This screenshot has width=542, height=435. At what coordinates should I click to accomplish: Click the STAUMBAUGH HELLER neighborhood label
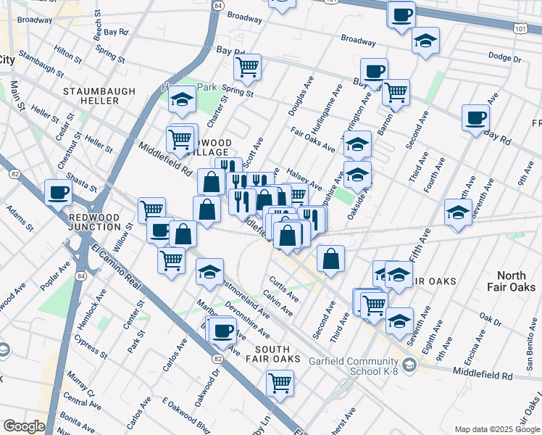point(91,96)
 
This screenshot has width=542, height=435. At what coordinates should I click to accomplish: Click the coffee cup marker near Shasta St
point(58,193)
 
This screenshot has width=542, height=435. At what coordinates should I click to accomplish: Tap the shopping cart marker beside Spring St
point(247,67)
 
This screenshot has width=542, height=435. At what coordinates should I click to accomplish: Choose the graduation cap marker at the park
point(181,101)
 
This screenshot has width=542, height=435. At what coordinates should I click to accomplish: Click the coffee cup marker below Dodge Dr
point(475,117)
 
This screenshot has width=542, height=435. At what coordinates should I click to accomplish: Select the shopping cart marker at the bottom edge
point(280,382)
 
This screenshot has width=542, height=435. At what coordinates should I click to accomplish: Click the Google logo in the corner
point(24,426)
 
